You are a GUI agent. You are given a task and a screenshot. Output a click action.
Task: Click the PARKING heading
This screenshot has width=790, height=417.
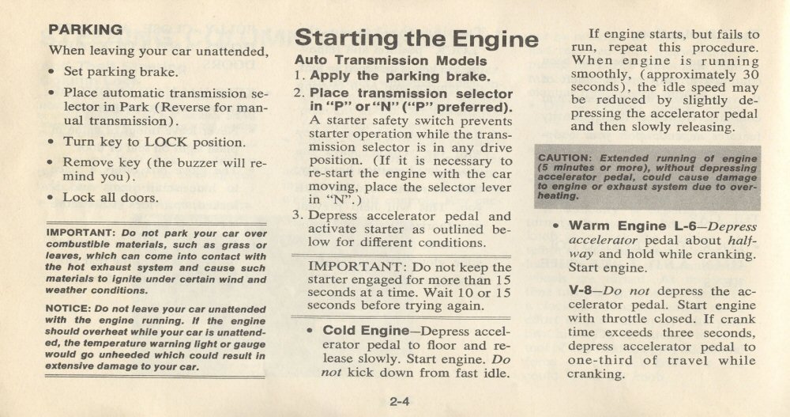point(85,29)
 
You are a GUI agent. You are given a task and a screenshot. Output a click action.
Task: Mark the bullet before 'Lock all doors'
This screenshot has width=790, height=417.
point(51,198)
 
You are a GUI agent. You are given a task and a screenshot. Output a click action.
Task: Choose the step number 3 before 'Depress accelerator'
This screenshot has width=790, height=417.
point(296,215)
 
